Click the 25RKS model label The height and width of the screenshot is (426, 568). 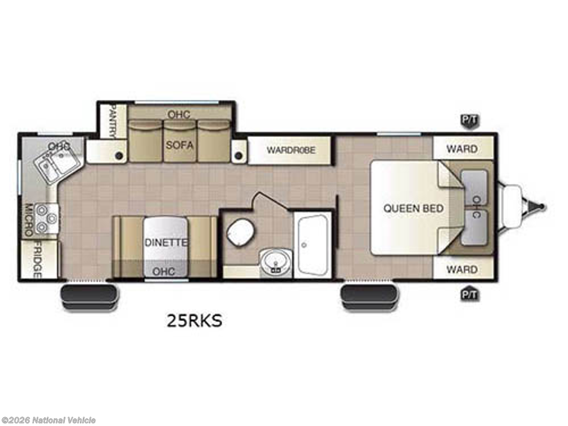pos(194,321)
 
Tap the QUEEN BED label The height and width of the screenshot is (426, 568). pos(413,209)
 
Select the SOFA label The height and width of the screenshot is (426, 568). pos(180,145)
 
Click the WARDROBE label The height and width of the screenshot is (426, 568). pos(291,150)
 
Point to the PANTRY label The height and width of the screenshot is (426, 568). pos(113,121)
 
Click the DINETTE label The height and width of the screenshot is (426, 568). pos(166,242)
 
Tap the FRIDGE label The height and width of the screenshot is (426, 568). pos(38,261)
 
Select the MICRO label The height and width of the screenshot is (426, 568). pos(29,219)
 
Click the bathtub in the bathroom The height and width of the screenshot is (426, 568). pos(313,245)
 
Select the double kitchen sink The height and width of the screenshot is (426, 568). pos(58,163)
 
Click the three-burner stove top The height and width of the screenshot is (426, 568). pos(47,219)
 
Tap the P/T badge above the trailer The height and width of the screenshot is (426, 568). pos(469,120)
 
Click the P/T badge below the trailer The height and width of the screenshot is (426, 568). pos(469,295)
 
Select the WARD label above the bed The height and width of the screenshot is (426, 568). pos(462,149)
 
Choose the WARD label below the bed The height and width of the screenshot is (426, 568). pos(462,270)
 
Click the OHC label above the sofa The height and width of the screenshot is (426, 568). pos(179,114)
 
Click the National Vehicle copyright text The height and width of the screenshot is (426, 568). pos(48,420)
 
